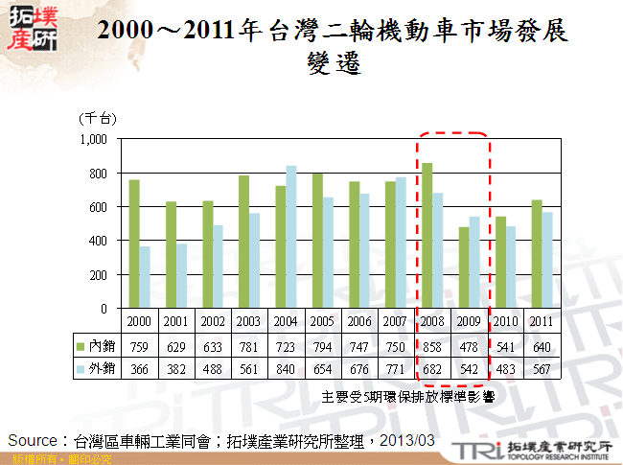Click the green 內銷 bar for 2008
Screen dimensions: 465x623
click(x=427, y=236)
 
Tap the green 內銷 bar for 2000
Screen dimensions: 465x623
click(x=135, y=244)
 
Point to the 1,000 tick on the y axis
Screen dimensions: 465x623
click(x=92, y=140)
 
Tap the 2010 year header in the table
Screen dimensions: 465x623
click(x=505, y=319)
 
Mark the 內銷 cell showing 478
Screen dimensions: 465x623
click(x=470, y=343)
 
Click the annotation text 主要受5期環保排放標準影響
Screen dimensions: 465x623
click(x=407, y=395)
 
